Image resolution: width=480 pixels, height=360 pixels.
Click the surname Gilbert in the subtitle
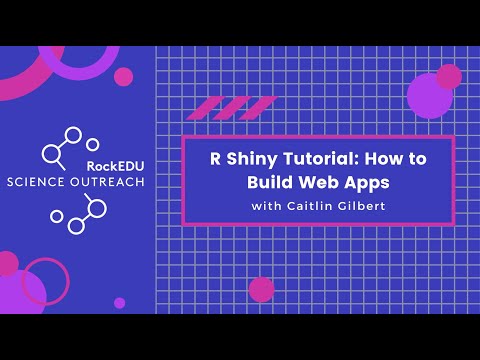(362, 207)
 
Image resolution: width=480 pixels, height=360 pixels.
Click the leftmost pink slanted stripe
(204, 107)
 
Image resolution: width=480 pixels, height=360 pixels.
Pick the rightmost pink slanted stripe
(259, 107)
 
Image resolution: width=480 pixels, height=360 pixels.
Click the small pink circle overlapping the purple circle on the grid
(449, 76)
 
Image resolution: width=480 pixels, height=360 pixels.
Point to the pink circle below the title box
(262, 289)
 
